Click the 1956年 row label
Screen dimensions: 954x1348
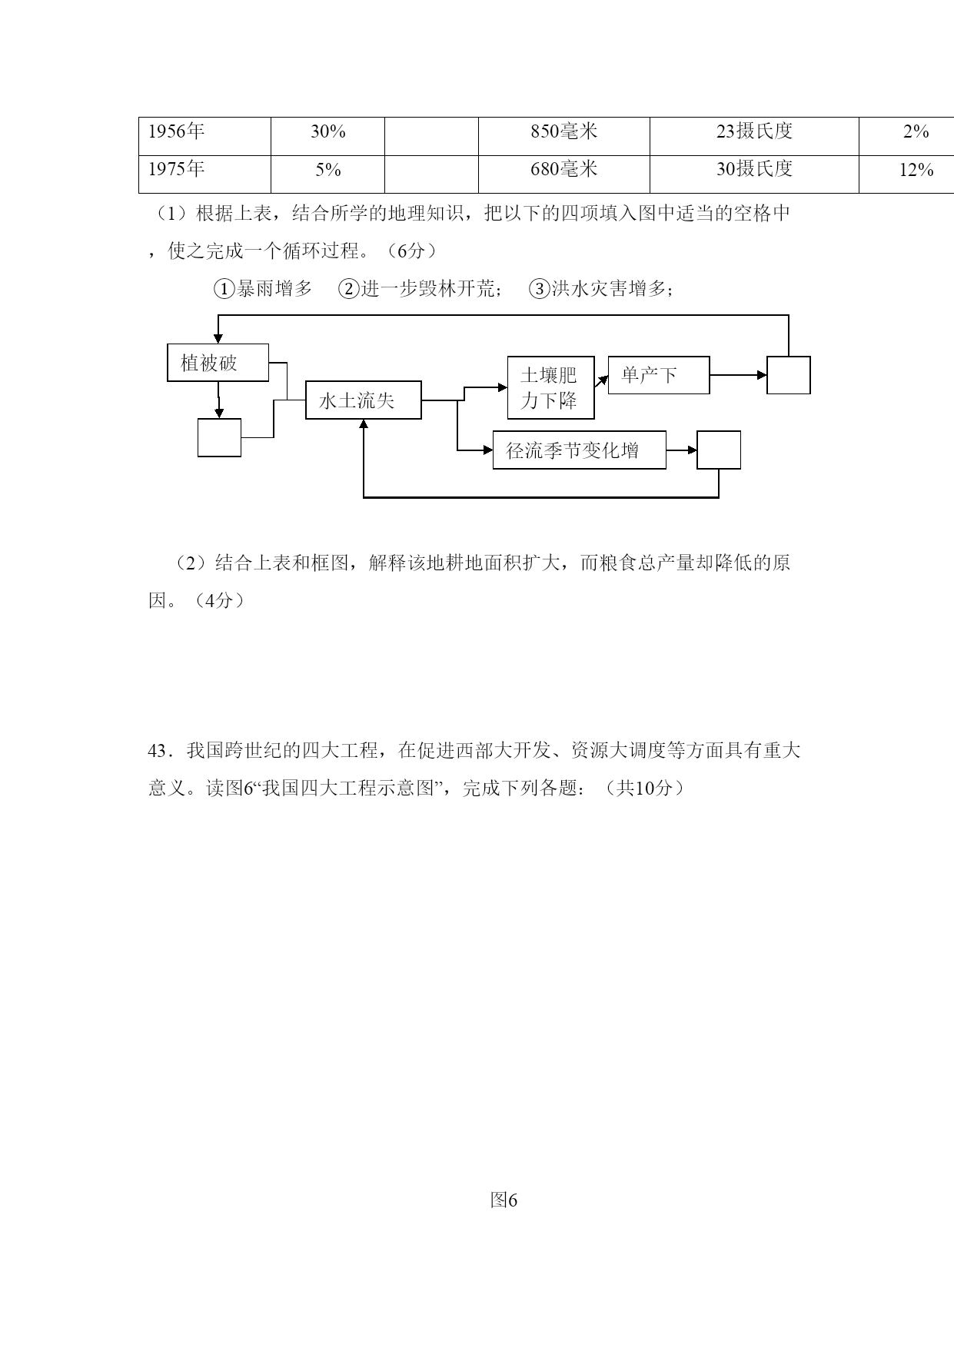tap(176, 131)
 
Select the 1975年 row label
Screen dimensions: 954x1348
tap(176, 169)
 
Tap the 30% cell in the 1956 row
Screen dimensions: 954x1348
tap(327, 131)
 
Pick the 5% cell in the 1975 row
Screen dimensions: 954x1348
tap(327, 169)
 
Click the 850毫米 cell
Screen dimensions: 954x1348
tap(564, 131)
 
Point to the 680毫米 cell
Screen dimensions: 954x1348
tap(564, 169)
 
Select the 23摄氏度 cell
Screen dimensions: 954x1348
tap(754, 131)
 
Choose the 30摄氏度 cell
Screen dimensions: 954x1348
tap(754, 169)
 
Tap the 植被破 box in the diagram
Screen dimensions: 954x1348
tap(218, 363)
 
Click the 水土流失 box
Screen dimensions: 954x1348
tap(364, 400)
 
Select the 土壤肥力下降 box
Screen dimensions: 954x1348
tap(551, 387)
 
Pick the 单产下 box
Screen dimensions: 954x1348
tap(659, 375)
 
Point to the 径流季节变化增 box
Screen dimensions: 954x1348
tap(580, 450)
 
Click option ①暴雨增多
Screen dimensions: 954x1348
tap(264, 289)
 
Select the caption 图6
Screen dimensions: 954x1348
tap(504, 1200)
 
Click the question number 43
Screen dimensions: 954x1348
tap(157, 751)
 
